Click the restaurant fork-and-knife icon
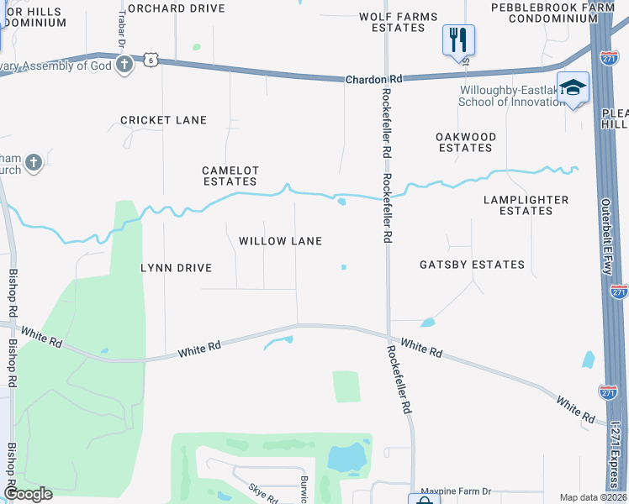(458, 39)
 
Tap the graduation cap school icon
(573, 87)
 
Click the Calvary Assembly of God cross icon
(124, 64)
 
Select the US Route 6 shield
(150, 60)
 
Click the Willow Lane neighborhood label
(280, 241)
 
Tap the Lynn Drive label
(176, 268)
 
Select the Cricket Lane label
(163, 120)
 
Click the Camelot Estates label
(230, 176)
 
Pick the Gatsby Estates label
(472, 265)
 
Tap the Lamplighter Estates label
(526, 205)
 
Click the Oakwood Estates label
(465, 142)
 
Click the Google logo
(28, 494)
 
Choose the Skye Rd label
(262, 492)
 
